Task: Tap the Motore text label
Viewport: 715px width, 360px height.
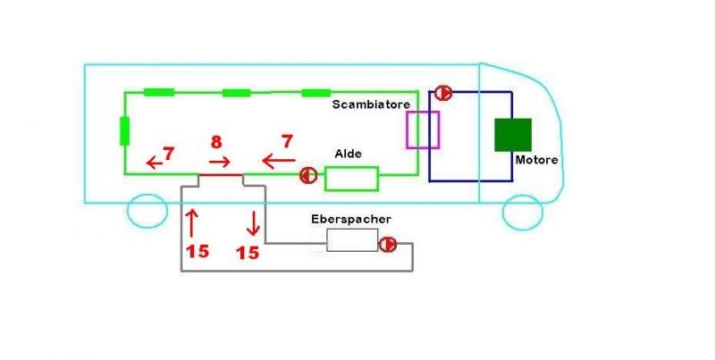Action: (536, 160)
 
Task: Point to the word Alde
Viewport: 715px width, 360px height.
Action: (348, 154)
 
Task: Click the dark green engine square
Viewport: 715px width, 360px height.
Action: (513, 134)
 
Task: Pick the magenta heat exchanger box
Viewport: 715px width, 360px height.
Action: (423, 130)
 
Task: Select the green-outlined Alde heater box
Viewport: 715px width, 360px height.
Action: (351, 178)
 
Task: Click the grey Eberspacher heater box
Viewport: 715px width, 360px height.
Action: (351, 239)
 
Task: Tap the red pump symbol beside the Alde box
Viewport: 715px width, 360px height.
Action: (307, 175)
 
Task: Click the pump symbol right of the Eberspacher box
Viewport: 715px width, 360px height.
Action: (388, 244)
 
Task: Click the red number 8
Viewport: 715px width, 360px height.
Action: (216, 142)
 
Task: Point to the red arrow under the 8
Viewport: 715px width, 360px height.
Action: (219, 162)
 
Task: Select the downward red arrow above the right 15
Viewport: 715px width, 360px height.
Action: (254, 221)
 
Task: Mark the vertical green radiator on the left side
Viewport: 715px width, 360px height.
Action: (124, 130)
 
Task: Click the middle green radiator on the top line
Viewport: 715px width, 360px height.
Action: (237, 93)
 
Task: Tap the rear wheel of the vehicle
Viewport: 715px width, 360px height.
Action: (147, 212)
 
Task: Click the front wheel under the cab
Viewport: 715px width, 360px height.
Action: (523, 213)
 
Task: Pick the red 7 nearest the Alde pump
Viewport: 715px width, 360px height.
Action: (287, 142)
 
